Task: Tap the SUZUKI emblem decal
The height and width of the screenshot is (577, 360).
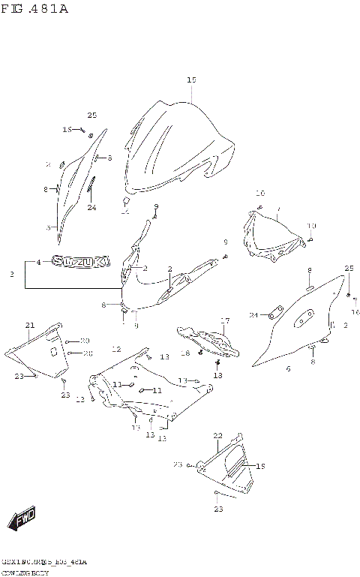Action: click(82, 262)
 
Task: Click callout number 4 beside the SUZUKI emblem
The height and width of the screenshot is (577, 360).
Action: click(38, 262)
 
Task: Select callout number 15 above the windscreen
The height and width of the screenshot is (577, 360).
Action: click(191, 80)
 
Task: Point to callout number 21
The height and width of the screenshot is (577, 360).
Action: click(30, 325)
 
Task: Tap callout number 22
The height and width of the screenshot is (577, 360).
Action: click(217, 436)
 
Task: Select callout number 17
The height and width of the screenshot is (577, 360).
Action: click(224, 321)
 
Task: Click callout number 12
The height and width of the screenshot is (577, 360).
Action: click(116, 350)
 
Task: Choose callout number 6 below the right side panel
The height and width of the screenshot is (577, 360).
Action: click(288, 368)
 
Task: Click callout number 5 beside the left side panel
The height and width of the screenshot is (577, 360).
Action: click(49, 227)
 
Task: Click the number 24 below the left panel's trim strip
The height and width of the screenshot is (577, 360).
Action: click(92, 208)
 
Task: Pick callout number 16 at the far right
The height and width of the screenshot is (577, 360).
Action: click(355, 311)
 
